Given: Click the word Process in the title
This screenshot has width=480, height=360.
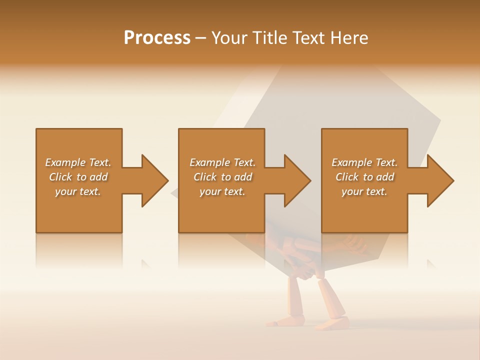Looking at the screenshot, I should click(x=157, y=38).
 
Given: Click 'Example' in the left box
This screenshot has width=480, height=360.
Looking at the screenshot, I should click(x=65, y=162).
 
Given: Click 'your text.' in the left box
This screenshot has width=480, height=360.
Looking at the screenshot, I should click(x=78, y=191).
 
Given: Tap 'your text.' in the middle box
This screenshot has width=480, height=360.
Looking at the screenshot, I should click(x=222, y=191).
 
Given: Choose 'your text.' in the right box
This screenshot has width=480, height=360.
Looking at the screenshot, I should click(x=364, y=191).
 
